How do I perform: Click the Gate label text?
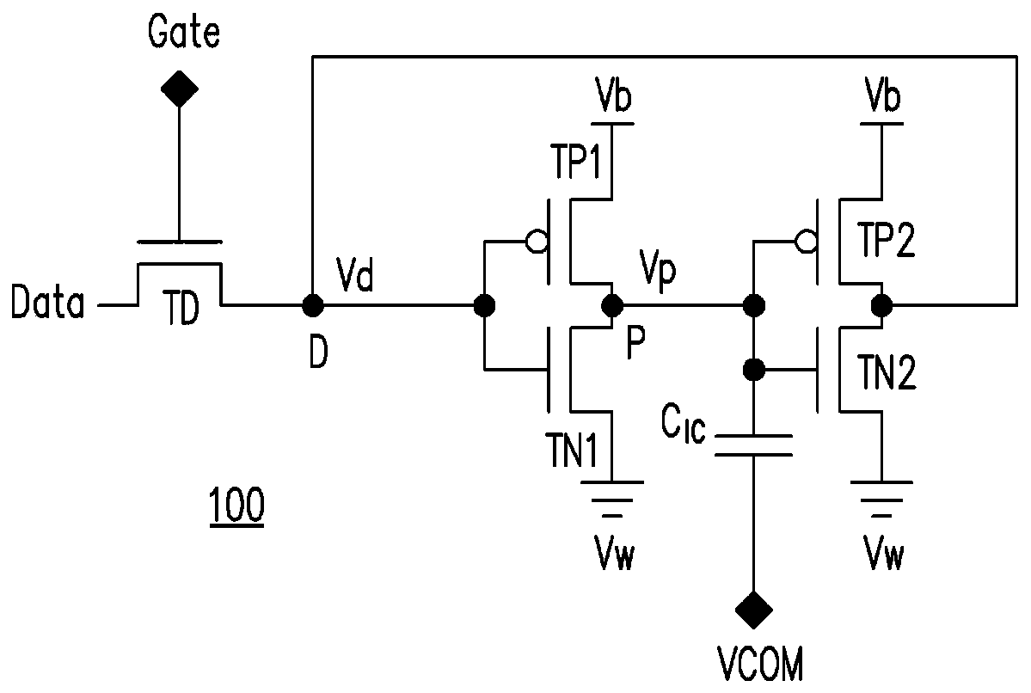183,32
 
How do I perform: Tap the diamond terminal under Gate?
180,88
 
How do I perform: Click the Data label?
48,303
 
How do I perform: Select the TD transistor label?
181,310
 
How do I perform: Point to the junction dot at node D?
312,305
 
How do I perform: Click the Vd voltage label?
355,274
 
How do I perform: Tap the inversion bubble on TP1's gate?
536,242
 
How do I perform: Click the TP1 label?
577,162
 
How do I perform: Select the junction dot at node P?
613,305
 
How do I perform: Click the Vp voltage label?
658,271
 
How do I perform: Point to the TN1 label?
571,451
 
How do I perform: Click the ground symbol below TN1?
612,499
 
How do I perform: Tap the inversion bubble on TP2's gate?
806,242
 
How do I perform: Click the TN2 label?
887,373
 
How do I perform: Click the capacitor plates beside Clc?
753,445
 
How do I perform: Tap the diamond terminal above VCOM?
753,610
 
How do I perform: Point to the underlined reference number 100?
236,506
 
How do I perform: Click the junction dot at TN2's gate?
753,370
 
